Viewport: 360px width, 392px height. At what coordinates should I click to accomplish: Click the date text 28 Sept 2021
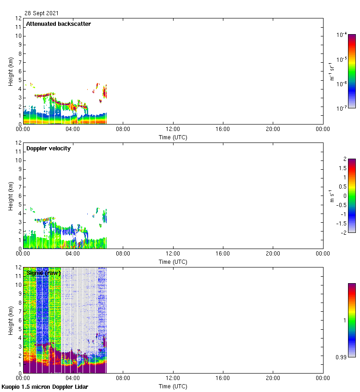pos(42,13)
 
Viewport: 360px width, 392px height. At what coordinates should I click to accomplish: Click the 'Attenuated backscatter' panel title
pos(58,24)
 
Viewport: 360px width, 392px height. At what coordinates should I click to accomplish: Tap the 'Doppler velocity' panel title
pos(48,148)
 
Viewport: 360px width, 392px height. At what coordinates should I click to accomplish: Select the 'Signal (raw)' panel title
pos(43,273)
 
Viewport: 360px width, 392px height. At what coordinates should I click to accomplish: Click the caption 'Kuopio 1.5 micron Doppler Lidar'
pos(45,386)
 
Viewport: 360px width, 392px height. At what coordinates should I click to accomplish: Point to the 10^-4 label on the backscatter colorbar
pos(342,35)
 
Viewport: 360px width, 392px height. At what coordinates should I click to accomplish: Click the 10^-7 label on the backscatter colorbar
pos(342,108)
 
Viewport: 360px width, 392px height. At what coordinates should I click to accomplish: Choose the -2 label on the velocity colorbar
pos(342,232)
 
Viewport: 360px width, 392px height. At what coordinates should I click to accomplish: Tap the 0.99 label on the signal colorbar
pos(342,357)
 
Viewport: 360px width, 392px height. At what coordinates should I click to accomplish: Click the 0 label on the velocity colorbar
pos(344,196)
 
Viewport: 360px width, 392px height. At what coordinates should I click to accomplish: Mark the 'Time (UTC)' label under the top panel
pos(173,137)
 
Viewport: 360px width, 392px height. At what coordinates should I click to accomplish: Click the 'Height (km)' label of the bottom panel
pos(11,320)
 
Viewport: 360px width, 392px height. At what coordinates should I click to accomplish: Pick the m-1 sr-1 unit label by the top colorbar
pos(331,71)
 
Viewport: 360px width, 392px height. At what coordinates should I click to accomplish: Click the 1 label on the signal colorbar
pos(344,320)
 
